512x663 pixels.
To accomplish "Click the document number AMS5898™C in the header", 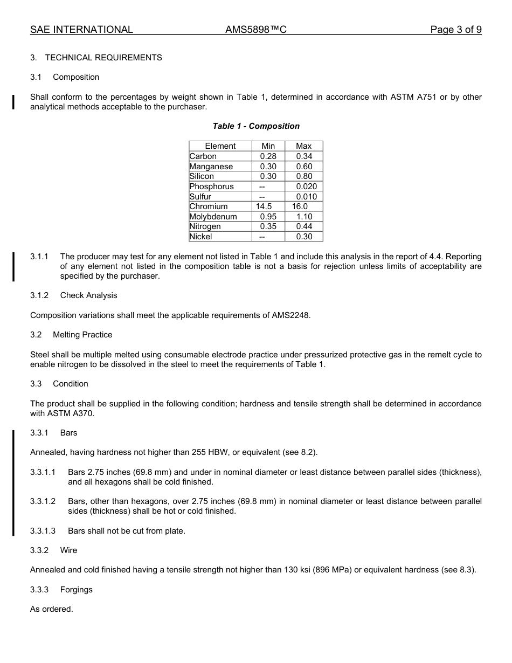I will [x=256, y=30].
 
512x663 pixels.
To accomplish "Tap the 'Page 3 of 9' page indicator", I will [x=455, y=30].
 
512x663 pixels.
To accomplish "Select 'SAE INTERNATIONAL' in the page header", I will [x=81, y=30].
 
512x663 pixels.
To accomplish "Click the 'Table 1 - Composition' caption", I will [x=256, y=126].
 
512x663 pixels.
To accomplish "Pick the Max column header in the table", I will [x=303, y=146].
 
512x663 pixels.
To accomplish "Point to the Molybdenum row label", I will [x=213, y=217].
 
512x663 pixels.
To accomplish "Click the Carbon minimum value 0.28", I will [x=268, y=156].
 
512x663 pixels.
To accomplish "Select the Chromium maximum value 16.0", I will [x=300, y=206].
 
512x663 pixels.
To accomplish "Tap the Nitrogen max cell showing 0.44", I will [x=304, y=226].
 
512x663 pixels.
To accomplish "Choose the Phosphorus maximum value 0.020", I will [x=306, y=187].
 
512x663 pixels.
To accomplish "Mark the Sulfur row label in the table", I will [x=200, y=197].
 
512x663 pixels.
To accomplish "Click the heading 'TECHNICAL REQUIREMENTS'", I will [x=103, y=58].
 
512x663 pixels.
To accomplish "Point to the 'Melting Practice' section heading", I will [x=82, y=335].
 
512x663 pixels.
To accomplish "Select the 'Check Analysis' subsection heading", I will [x=88, y=295].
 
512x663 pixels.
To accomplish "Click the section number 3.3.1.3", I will [x=43, y=531].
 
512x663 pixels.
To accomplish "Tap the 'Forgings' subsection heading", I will [x=76, y=590].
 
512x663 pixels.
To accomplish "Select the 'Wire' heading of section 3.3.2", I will [x=68, y=550].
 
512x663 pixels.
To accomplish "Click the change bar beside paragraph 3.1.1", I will [x=13, y=266].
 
